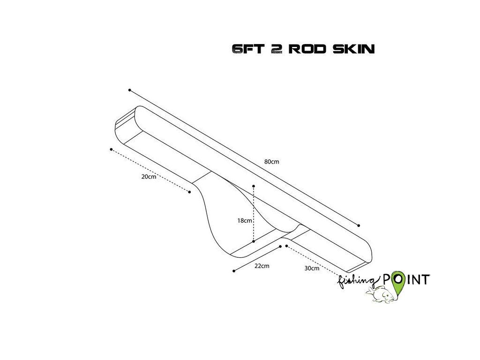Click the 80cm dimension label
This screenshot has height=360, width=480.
coord(272,162)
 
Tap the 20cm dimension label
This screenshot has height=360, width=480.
coord(149,177)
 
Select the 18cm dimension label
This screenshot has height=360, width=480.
coord(244,220)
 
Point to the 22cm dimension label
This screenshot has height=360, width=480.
coord(262,266)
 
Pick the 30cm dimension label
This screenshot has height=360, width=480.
coord(312,269)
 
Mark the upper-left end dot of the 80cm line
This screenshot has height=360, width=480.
coord(130,90)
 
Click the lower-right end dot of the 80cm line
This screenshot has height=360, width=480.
coord(359,225)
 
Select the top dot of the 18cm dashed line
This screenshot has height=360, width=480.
coord(253,186)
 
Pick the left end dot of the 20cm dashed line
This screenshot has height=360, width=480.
coord(111,150)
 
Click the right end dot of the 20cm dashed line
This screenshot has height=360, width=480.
coord(189,192)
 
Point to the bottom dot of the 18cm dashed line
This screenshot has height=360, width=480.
coord(253,241)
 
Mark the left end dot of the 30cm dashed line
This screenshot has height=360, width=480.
coord(286,246)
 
